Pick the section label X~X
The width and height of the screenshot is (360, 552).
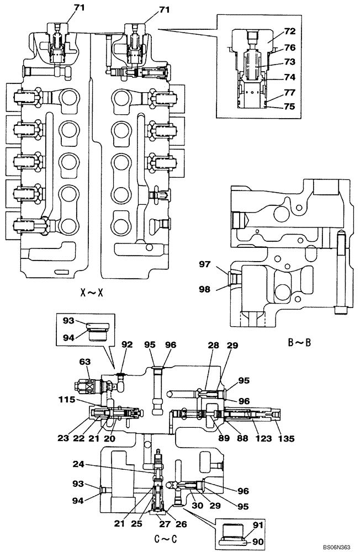[x=92, y=292]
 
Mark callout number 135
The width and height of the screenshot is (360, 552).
[x=287, y=439]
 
